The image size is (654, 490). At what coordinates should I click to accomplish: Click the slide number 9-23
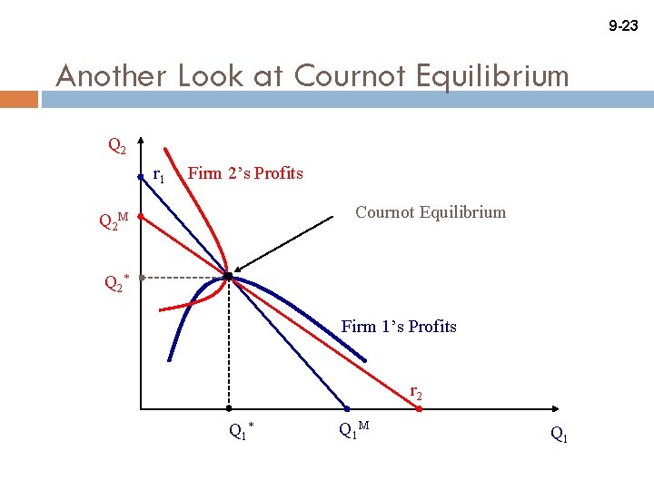[622, 26]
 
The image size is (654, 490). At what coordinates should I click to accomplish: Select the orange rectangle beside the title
[19, 98]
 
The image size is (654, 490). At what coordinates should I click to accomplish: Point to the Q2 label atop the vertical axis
[117, 145]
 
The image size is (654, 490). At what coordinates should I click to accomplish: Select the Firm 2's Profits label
[245, 173]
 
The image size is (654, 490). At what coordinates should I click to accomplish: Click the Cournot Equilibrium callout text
[431, 212]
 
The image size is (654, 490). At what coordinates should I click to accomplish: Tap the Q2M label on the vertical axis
[114, 220]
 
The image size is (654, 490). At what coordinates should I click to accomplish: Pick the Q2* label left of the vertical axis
[116, 283]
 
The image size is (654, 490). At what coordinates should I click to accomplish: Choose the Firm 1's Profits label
[399, 327]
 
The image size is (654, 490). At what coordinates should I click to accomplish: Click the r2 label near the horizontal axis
[415, 392]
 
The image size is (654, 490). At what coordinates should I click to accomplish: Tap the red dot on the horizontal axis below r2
[419, 409]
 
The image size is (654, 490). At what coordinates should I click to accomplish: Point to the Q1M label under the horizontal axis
[353, 431]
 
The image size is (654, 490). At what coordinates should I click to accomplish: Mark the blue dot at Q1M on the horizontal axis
[346, 409]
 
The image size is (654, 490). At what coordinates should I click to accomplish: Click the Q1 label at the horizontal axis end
[560, 435]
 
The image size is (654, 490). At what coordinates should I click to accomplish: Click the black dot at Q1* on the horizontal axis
[228, 409]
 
